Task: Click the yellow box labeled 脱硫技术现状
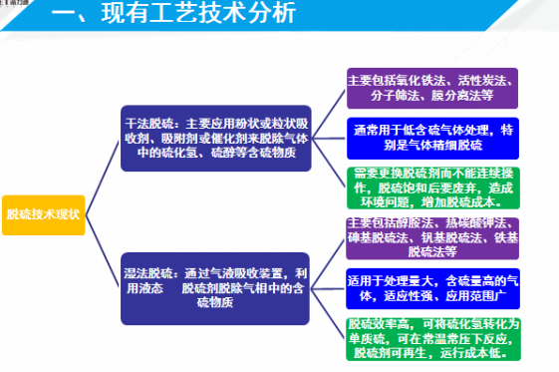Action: [x=43, y=214]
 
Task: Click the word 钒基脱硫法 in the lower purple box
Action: [x=454, y=237]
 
